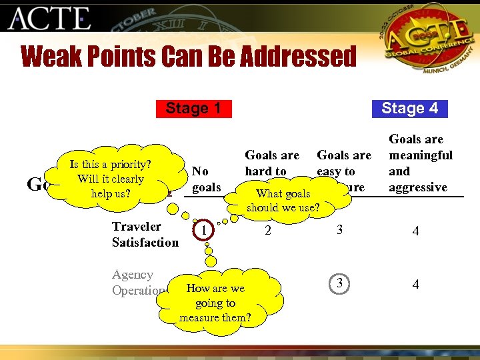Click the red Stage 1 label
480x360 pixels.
pos(193,108)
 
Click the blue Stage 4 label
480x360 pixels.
pos(409,108)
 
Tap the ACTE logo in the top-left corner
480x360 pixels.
pos(50,19)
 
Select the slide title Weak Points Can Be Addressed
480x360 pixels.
pos(189,57)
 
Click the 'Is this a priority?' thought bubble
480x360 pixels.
pos(111,179)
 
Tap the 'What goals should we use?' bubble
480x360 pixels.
pos(283,200)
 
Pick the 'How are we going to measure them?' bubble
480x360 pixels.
pos(215,302)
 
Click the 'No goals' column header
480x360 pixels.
pos(206,179)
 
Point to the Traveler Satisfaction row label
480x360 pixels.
pos(145,234)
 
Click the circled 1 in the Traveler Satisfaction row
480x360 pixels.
pos(203,231)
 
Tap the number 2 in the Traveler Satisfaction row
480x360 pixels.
pos(267,231)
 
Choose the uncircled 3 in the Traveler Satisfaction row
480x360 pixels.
pos(340,231)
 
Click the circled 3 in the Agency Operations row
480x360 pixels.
pos(340,283)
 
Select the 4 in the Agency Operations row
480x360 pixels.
pos(415,285)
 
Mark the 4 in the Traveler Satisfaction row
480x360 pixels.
pos(415,231)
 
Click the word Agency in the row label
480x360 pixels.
pos(133,275)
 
